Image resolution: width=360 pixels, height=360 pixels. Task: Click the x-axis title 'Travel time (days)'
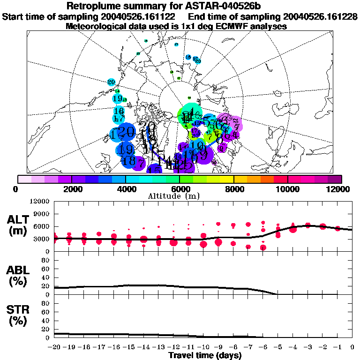coord(205,355)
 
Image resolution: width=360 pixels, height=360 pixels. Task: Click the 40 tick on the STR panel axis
coord(45,320)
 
